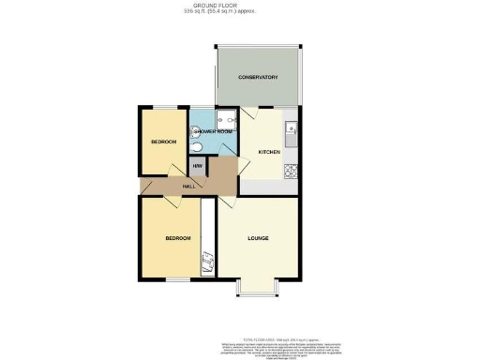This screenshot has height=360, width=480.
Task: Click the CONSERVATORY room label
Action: [258, 77]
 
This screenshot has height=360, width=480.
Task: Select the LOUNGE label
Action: [258, 238]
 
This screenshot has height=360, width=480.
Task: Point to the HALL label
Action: [188, 187]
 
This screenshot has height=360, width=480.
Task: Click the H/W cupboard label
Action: [198, 167]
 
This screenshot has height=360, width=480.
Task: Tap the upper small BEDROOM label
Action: [163, 142]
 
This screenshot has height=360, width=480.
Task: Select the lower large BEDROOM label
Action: [177, 238]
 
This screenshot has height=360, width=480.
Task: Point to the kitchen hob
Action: [292, 171]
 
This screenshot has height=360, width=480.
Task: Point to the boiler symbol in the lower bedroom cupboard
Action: [209, 265]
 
